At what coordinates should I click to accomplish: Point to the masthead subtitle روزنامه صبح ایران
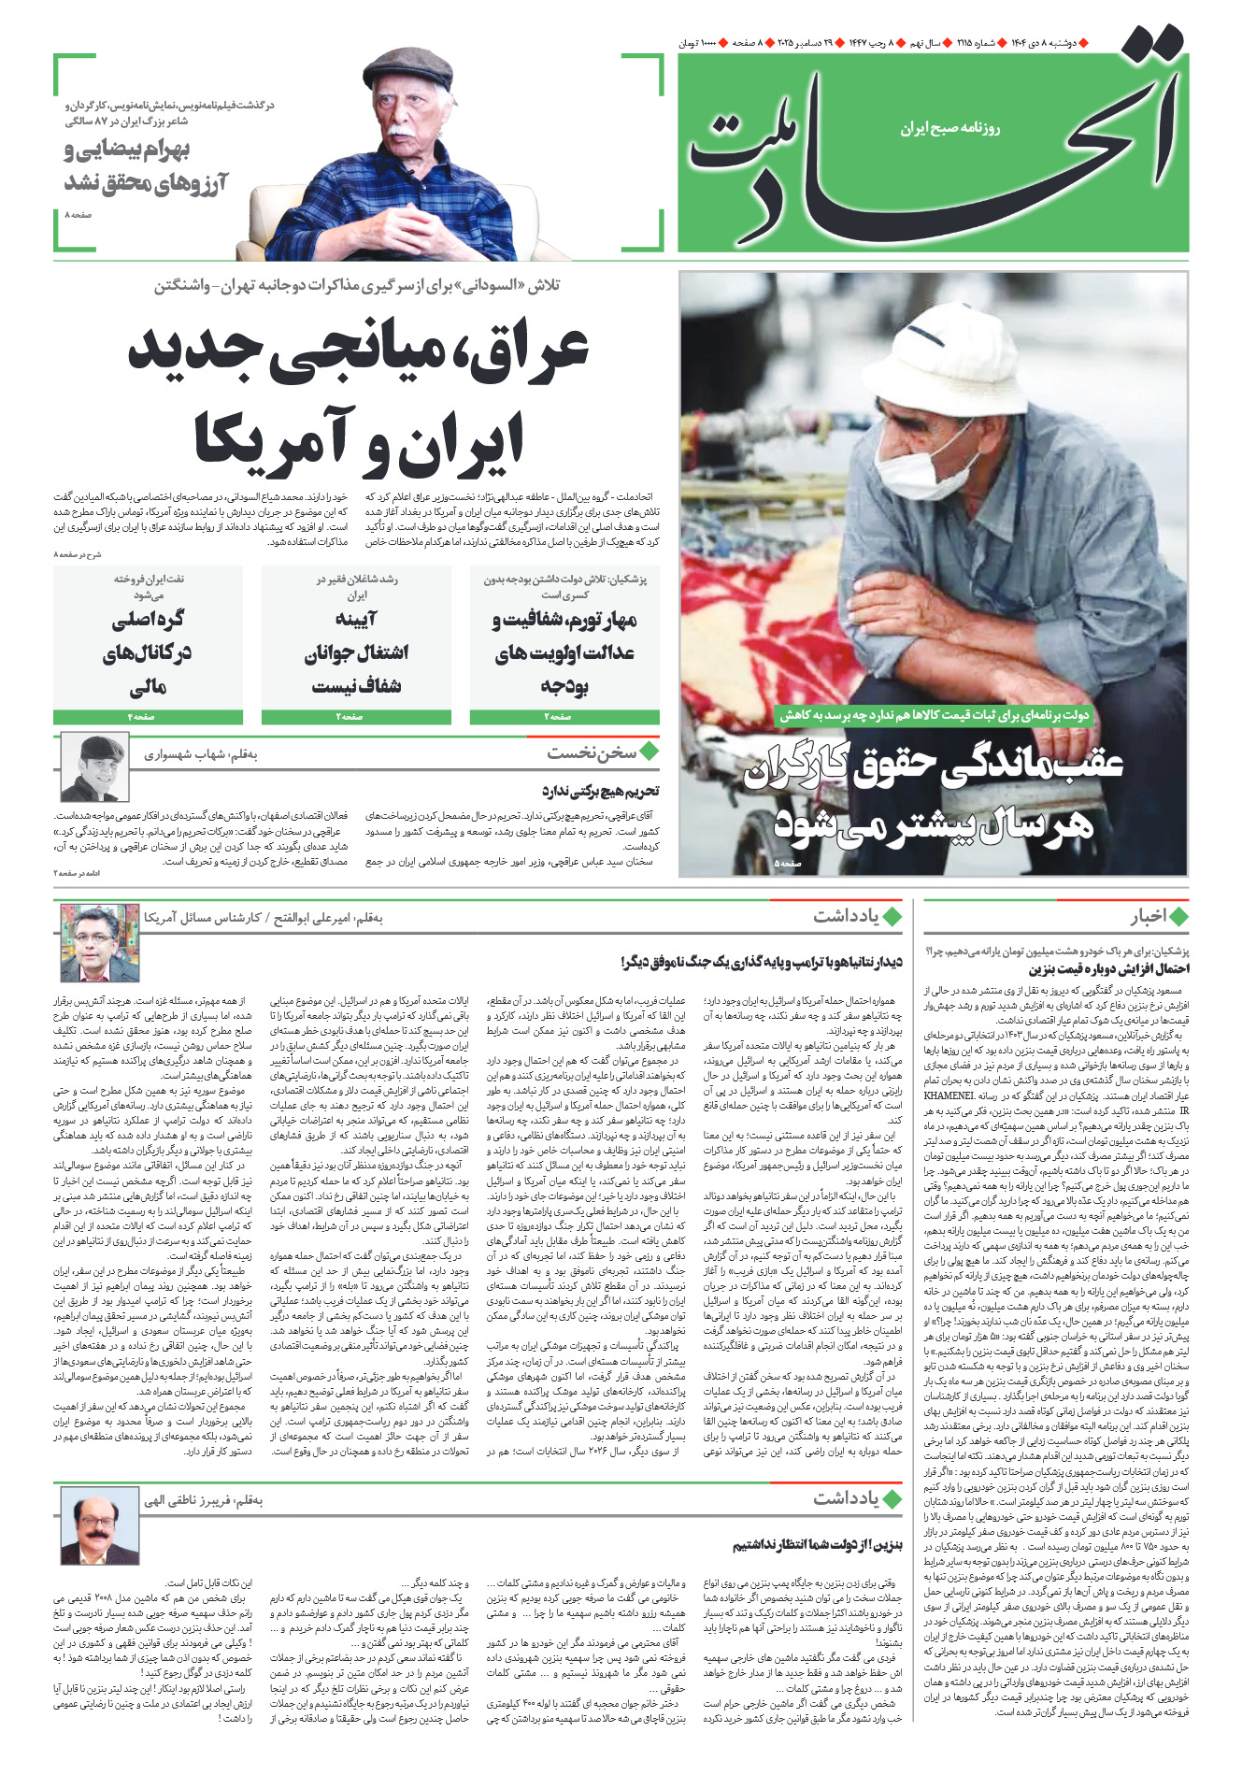949,128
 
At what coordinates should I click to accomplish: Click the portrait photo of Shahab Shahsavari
94,767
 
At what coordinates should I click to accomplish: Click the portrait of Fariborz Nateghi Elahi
99,1526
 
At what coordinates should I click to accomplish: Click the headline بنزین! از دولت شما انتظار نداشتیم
817,1545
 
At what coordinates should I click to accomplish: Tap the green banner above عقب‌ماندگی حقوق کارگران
935,715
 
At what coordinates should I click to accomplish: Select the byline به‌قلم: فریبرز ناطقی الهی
204,1500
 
